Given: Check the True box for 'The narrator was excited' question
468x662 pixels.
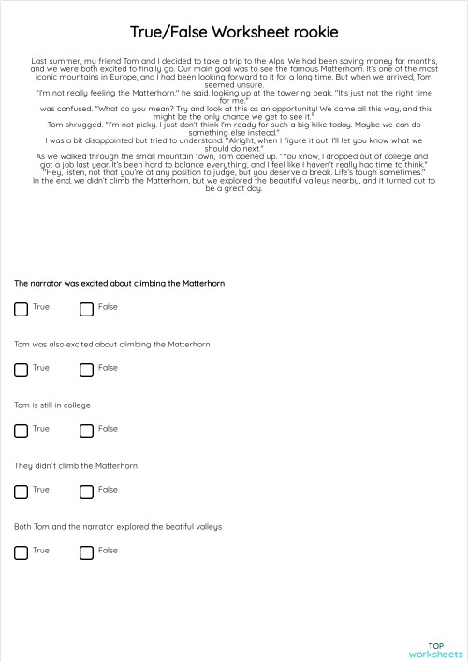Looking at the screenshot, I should pyautogui.click(x=21, y=309).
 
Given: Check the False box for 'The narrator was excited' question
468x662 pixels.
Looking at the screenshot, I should pyautogui.click(x=86, y=309).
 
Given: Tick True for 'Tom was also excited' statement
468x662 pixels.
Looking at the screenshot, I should pyautogui.click(x=21, y=370).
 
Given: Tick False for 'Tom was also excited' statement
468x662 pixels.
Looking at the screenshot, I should pyautogui.click(x=86, y=370).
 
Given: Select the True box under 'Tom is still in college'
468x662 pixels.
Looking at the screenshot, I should pyautogui.click(x=21, y=431).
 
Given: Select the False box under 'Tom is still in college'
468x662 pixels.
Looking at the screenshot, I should pyautogui.click(x=86, y=431).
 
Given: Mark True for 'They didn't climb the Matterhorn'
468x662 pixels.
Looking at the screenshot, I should pyautogui.click(x=21, y=492).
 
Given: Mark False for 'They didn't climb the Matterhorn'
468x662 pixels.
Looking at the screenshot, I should pyautogui.click(x=86, y=492).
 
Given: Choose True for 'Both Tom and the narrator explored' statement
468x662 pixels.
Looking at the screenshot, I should pyautogui.click(x=21, y=552).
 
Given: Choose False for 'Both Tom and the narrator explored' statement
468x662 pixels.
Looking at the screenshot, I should pyautogui.click(x=86, y=552).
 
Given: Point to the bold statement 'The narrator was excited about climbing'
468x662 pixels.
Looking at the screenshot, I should pyautogui.click(x=119, y=283).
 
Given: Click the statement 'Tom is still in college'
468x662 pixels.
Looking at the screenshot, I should pyautogui.click(x=52, y=405).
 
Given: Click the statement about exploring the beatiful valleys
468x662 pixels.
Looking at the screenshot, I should pyautogui.click(x=117, y=526).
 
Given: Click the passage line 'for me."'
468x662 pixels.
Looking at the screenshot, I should pyautogui.click(x=233, y=99).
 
